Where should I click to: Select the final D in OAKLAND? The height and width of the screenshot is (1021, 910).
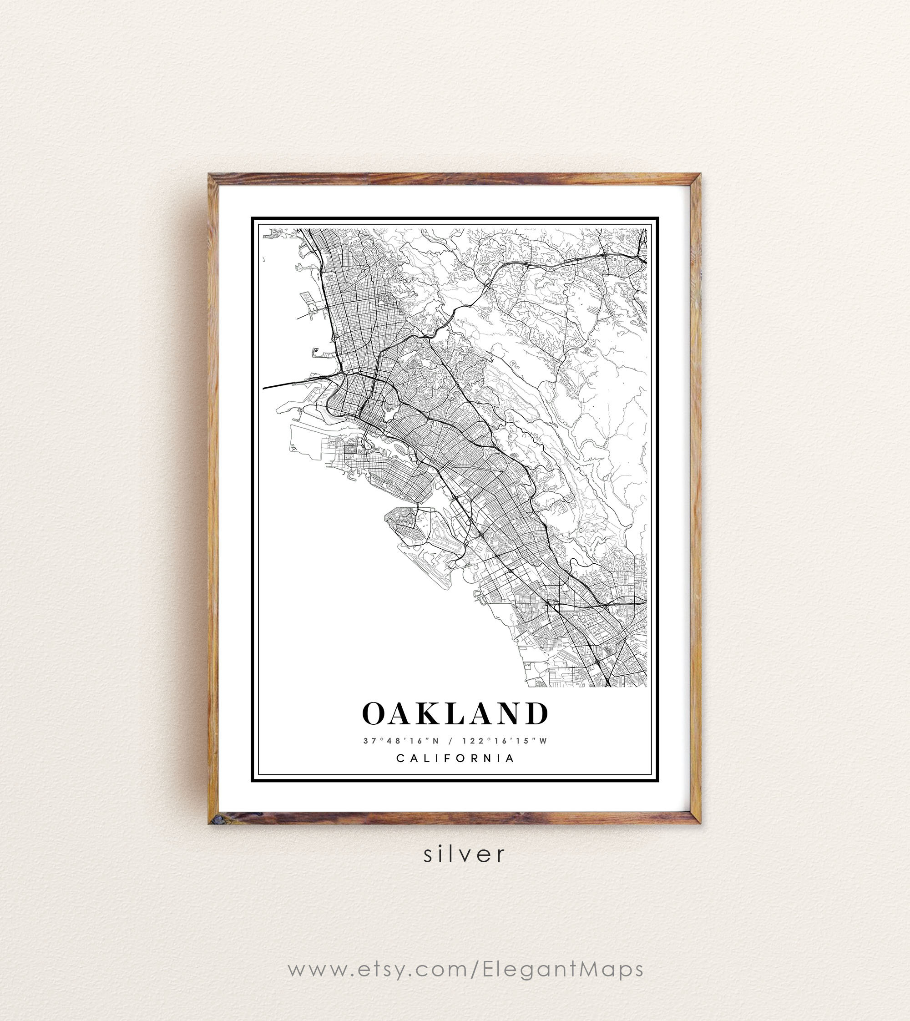pyautogui.click(x=537, y=713)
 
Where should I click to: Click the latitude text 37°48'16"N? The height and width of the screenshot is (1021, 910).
pyautogui.click(x=401, y=741)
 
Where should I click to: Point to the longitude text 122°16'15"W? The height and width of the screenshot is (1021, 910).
pyautogui.click(x=505, y=741)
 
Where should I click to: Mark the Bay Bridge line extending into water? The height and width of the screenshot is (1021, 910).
pyautogui.click(x=285, y=384)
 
